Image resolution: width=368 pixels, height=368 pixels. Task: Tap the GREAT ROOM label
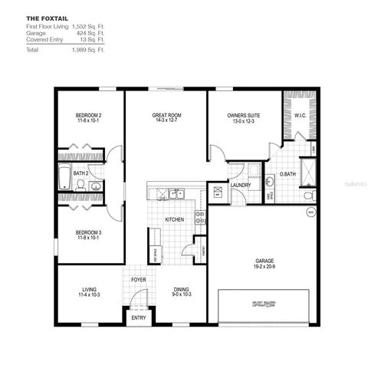coord(166,116)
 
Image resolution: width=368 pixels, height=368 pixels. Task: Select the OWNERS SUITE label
coord(243,116)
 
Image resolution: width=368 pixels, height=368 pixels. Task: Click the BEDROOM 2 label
coord(89,116)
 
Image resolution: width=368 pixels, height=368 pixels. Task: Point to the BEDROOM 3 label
coord(89,232)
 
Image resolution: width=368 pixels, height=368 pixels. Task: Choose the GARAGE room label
coord(264,261)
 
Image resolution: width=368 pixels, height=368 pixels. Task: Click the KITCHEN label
coord(176,220)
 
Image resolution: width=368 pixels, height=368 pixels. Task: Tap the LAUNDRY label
coord(241,185)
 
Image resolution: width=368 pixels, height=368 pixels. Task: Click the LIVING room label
coord(89,289)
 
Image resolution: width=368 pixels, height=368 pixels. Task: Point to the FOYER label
coord(139,280)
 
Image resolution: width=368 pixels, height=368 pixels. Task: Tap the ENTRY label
coord(139,317)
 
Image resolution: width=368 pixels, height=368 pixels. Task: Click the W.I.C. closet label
coord(299,116)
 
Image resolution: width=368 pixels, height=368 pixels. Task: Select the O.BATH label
coord(287,174)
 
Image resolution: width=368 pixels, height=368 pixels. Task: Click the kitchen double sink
coord(176,193)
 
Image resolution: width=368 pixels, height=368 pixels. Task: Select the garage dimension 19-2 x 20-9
coord(264,268)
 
